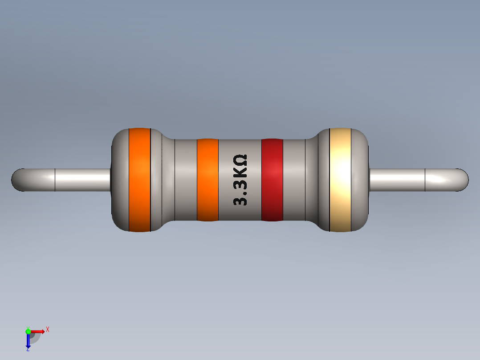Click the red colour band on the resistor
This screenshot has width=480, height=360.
(x=272, y=180)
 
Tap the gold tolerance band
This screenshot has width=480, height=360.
(x=340, y=180)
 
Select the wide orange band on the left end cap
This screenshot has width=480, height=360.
(x=139, y=180)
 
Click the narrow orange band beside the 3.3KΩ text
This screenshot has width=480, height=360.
(x=207, y=180)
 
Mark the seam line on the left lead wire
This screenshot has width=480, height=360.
(x=55, y=180)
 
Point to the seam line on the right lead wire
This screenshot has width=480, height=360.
(x=425, y=180)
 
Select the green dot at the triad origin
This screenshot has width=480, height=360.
(x=28, y=331)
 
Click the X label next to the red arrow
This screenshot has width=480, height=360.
(x=48, y=330)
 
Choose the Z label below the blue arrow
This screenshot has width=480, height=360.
(x=28, y=350)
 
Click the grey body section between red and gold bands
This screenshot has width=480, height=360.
(x=294, y=180)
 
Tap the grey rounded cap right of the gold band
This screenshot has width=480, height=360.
(x=361, y=180)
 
